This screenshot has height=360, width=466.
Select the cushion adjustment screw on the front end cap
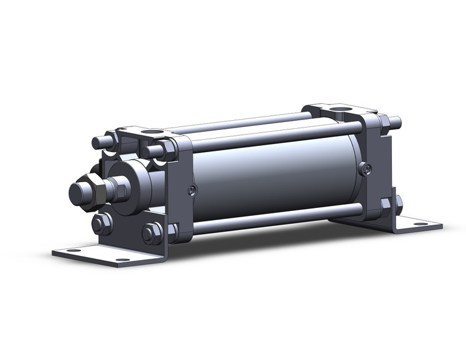(193, 190)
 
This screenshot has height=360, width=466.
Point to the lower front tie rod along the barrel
(276, 217)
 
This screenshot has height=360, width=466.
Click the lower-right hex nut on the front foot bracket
(151, 233)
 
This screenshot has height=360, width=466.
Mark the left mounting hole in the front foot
(73, 250)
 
